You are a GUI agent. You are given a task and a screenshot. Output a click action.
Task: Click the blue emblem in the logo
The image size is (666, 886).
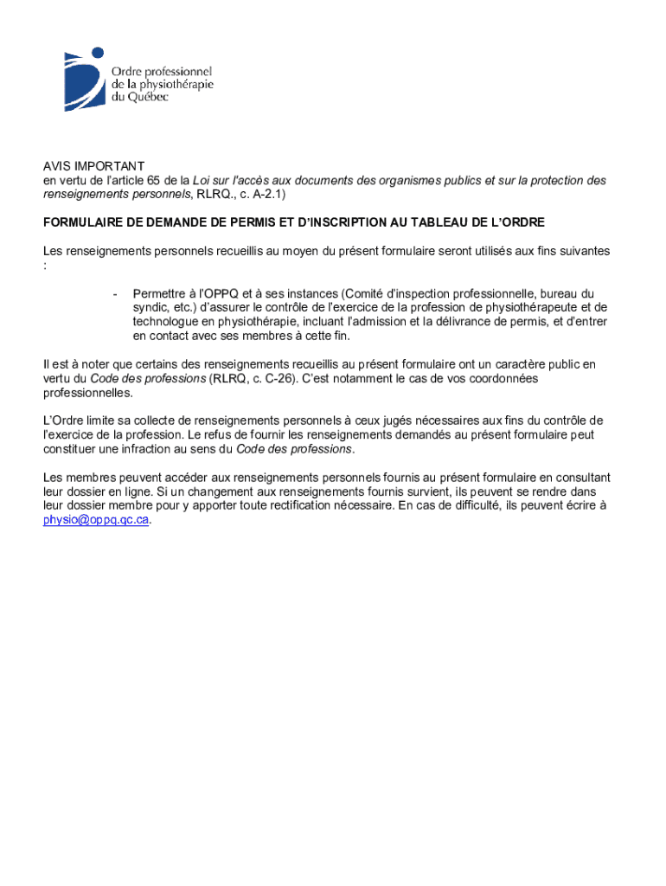click(83, 79)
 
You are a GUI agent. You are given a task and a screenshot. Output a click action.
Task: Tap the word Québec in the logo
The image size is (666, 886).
click(146, 97)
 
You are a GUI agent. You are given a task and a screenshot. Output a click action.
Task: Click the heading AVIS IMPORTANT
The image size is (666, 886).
click(94, 166)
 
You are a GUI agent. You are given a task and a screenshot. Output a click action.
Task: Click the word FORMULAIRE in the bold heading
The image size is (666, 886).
click(83, 223)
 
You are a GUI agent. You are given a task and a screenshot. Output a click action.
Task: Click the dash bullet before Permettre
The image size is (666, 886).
click(114, 294)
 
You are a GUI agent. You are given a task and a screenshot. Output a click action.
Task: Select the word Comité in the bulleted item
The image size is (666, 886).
click(363, 294)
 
